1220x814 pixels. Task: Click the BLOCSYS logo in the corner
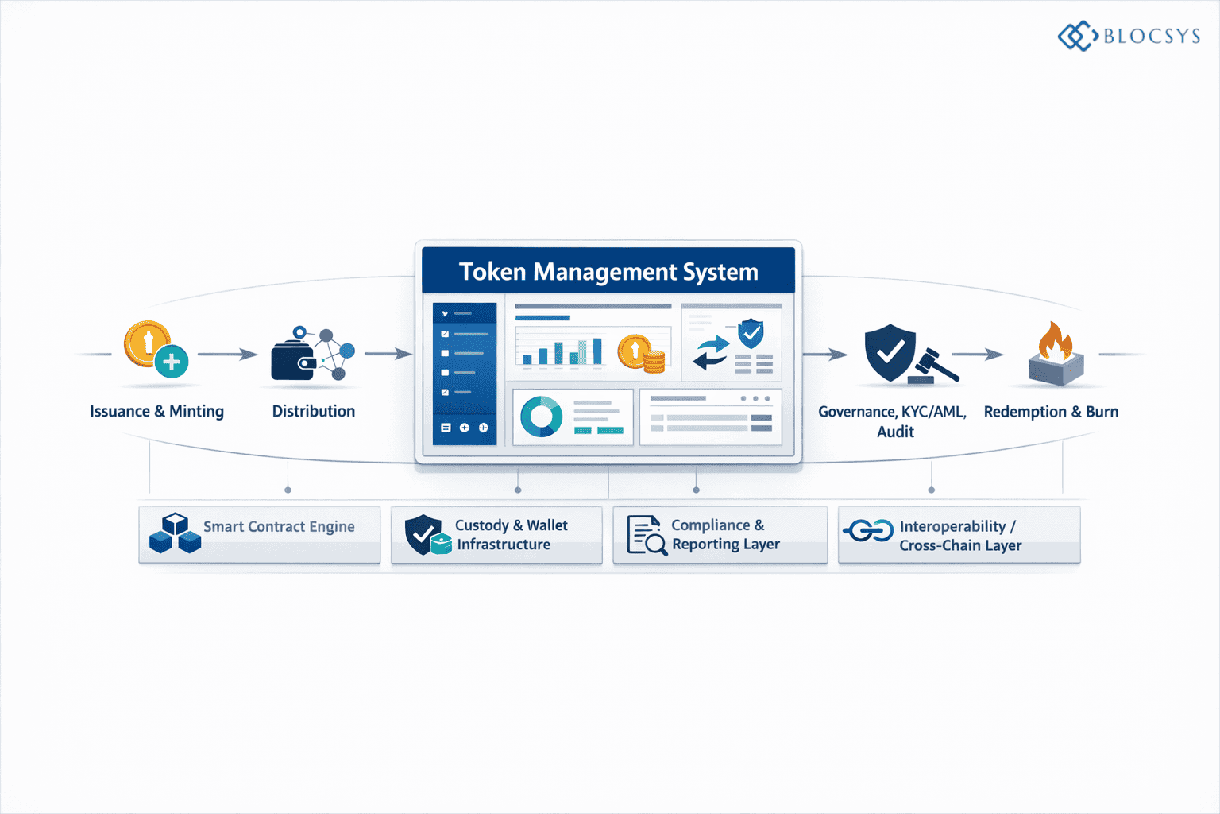pyautogui.click(x=1129, y=36)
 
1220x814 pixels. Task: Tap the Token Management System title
pyautogui.click(x=608, y=272)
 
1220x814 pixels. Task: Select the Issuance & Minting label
pyautogui.click(x=156, y=412)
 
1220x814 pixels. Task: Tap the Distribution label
pyautogui.click(x=314, y=412)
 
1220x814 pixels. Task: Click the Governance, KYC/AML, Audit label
pyautogui.click(x=893, y=421)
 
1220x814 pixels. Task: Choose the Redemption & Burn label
pyautogui.click(x=1051, y=412)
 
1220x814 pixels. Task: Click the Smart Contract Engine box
pyautogui.click(x=260, y=535)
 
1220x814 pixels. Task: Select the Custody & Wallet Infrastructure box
pyautogui.click(x=496, y=535)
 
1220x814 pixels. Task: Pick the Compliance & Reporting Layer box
pyautogui.click(x=720, y=535)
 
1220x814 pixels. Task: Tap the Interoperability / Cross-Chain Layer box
pyautogui.click(x=959, y=535)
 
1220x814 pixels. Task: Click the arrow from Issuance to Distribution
pyautogui.click(x=227, y=355)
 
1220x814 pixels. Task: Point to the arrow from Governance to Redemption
pyautogui.click(x=978, y=355)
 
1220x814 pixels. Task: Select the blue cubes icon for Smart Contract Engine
pyautogui.click(x=175, y=533)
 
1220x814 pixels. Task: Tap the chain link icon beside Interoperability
pyautogui.click(x=868, y=530)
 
